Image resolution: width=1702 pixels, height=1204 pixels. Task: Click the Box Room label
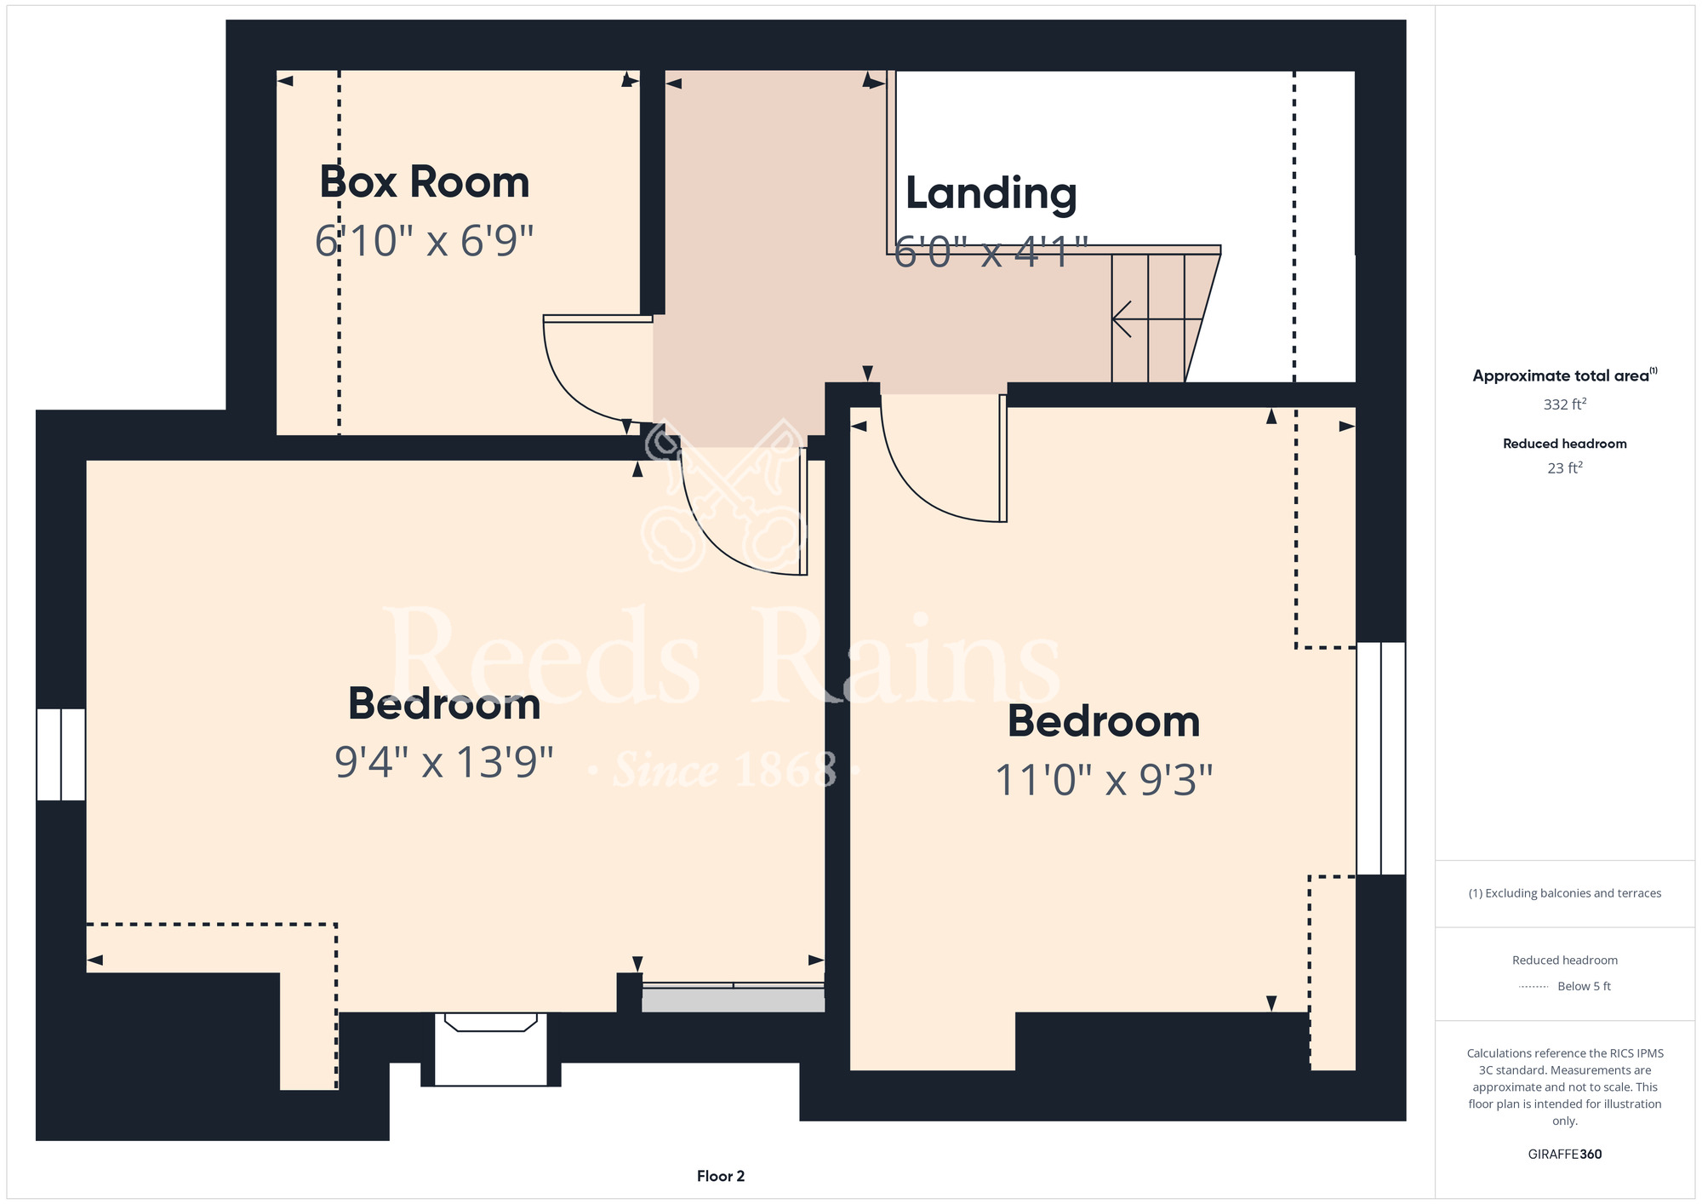pyautogui.click(x=425, y=181)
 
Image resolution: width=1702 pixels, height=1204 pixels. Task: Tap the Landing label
pyautogui.click(x=991, y=193)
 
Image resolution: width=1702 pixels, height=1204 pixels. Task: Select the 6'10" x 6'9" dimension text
pyautogui.click(x=425, y=241)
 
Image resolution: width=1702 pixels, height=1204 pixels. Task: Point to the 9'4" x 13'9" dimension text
pyautogui.click(x=444, y=761)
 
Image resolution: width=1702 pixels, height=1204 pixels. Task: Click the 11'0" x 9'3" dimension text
pyautogui.click(x=1104, y=779)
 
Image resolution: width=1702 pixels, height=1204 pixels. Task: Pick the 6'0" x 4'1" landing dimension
pyautogui.click(x=991, y=252)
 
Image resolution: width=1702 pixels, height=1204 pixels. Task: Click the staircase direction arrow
pyautogui.click(x=1157, y=319)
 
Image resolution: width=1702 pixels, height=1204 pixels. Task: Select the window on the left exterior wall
pyautogui.click(x=60, y=754)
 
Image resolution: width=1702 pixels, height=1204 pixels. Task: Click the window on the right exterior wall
pyautogui.click(x=1380, y=759)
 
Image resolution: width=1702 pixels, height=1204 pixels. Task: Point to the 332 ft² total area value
pyautogui.click(x=1564, y=404)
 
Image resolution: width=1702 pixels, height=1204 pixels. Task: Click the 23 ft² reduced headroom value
pyautogui.click(x=1564, y=467)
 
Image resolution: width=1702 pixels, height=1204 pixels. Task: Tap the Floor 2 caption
pyautogui.click(x=721, y=1176)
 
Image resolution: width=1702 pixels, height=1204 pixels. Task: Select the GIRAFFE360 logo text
pyautogui.click(x=1564, y=1155)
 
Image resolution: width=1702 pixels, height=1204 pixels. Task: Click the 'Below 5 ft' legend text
pyautogui.click(x=1584, y=986)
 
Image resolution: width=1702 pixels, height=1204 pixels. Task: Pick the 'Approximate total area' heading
pyautogui.click(x=1564, y=376)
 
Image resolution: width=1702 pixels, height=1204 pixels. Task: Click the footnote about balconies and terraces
pyautogui.click(x=1564, y=893)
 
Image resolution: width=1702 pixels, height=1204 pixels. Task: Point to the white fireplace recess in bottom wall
pyautogui.click(x=491, y=1049)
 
